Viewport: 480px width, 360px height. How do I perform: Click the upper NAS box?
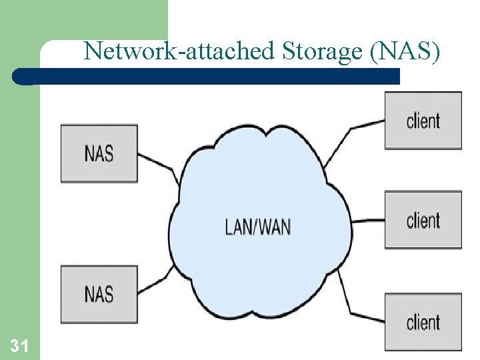click(99, 153)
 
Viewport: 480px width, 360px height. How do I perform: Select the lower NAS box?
click(99, 294)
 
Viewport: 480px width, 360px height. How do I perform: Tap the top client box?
click(423, 121)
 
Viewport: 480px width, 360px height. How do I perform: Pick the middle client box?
click(423, 220)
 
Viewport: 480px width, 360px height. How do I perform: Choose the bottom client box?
click(423, 321)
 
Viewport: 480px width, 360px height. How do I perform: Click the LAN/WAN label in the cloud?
click(257, 227)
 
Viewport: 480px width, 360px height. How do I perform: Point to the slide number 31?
click(19, 345)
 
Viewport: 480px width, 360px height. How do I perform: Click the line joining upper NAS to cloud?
click(157, 164)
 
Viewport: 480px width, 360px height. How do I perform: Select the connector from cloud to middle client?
click(368, 221)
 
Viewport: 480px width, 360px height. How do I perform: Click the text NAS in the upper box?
click(99, 153)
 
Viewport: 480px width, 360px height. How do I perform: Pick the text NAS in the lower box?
click(99, 294)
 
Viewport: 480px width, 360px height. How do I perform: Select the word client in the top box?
click(423, 121)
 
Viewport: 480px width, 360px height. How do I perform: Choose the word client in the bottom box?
click(423, 322)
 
